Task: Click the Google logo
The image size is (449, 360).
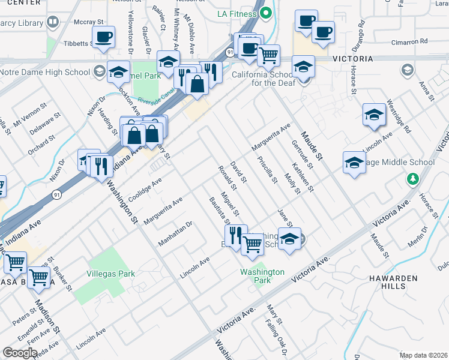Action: (20, 353)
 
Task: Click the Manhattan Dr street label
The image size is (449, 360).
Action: (175, 233)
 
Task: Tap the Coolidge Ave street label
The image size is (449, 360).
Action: (144, 185)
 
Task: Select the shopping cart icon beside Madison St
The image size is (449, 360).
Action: (39, 277)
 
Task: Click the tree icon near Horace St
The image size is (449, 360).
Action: (412, 179)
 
